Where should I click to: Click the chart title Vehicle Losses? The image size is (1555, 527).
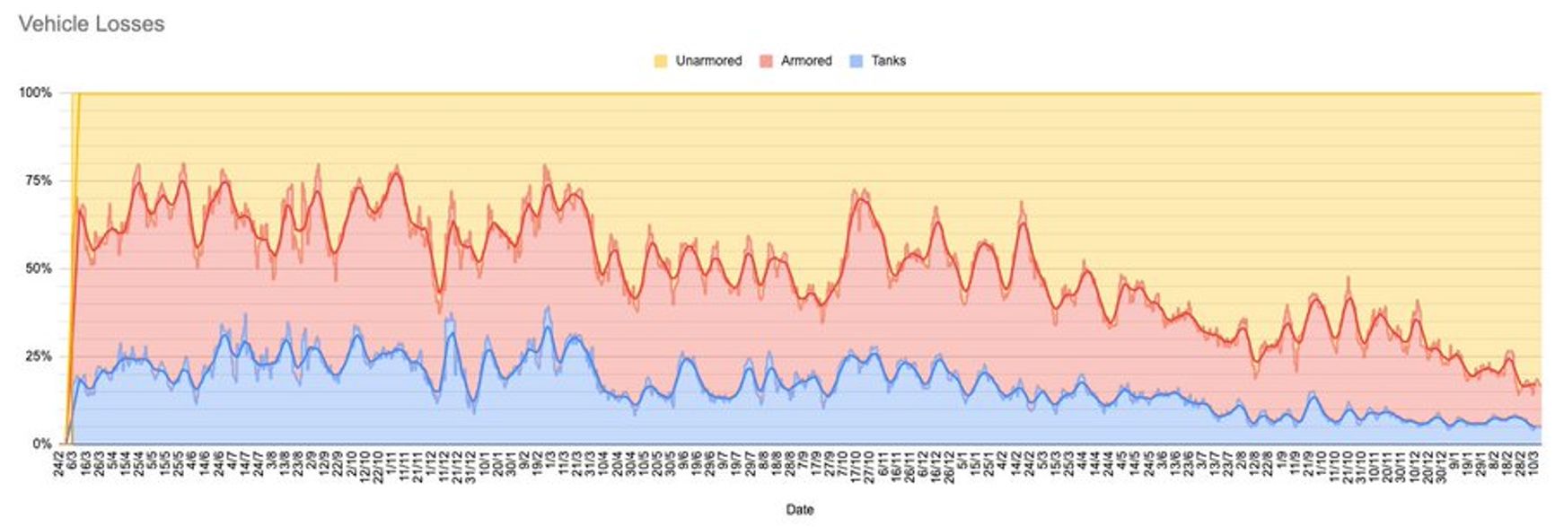92,24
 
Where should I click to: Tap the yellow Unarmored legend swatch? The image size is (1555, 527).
661,61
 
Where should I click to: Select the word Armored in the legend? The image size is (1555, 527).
806,61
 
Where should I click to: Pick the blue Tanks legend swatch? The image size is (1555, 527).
857,61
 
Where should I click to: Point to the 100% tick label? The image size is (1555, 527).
35,92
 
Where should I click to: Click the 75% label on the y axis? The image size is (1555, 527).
39,180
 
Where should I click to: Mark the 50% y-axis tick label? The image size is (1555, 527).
39,268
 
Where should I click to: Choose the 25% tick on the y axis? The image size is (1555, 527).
39,356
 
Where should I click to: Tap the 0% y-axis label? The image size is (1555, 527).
42,444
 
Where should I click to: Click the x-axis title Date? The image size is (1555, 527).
799,509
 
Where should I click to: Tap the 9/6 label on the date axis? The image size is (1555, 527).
682,462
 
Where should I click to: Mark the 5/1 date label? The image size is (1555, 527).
962,462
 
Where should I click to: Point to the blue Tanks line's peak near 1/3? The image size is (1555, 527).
548,327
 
